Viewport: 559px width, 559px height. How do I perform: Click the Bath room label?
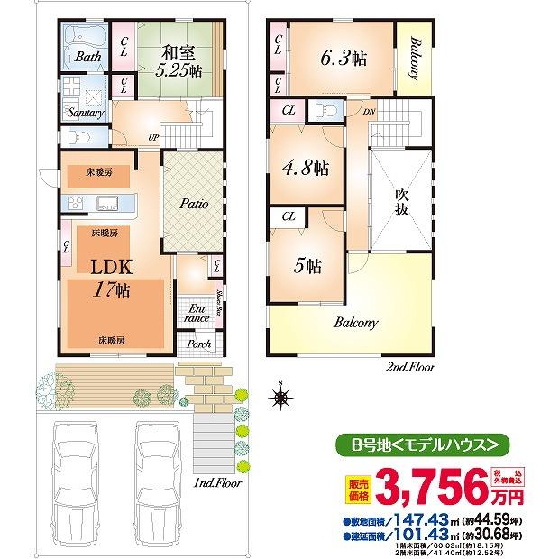click(x=87, y=57)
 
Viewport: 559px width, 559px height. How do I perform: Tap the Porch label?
click(x=199, y=344)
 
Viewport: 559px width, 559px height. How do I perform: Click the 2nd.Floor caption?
click(x=410, y=368)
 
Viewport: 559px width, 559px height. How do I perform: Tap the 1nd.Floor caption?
click(x=217, y=483)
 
